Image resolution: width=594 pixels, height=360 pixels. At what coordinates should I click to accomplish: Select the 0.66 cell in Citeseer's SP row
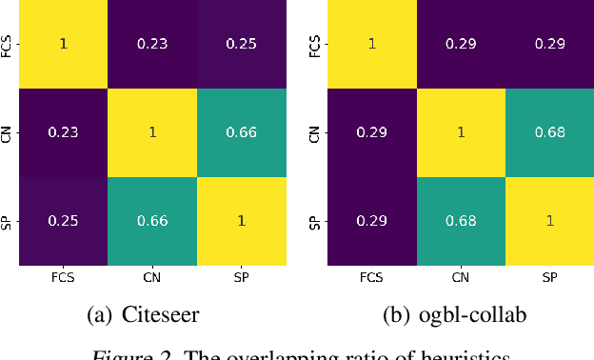(153, 221)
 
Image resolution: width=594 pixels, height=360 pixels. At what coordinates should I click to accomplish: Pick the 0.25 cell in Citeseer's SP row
(63, 221)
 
